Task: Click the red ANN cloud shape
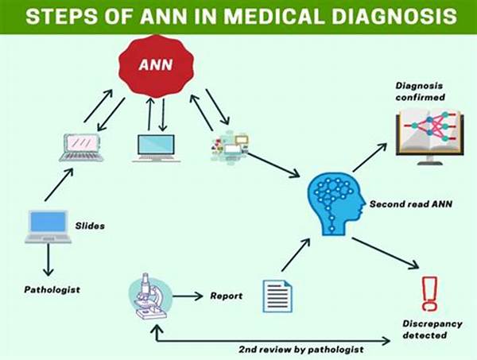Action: pos(156,66)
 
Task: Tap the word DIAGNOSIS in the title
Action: pos(394,16)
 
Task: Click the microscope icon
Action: pos(150,296)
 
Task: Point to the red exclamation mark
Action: pos(429,294)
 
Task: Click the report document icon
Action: pos(277,296)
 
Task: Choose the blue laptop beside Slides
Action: pos(48,226)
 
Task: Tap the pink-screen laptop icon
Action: pos(82,148)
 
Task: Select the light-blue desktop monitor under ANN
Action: pos(157,148)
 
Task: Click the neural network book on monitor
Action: pos(429,137)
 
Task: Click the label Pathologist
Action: pos(52,289)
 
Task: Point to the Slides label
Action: pos(90,226)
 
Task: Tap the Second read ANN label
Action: pos(411,204)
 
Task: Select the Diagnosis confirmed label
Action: pos(420,91)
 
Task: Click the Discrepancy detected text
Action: pos(432,329)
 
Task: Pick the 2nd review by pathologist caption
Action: pos(301,350)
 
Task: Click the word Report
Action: pos(227,296)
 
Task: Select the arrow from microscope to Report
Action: pos(188,296)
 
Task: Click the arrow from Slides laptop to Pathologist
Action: pos(48,260)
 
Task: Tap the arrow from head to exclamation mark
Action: pos(386,254)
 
